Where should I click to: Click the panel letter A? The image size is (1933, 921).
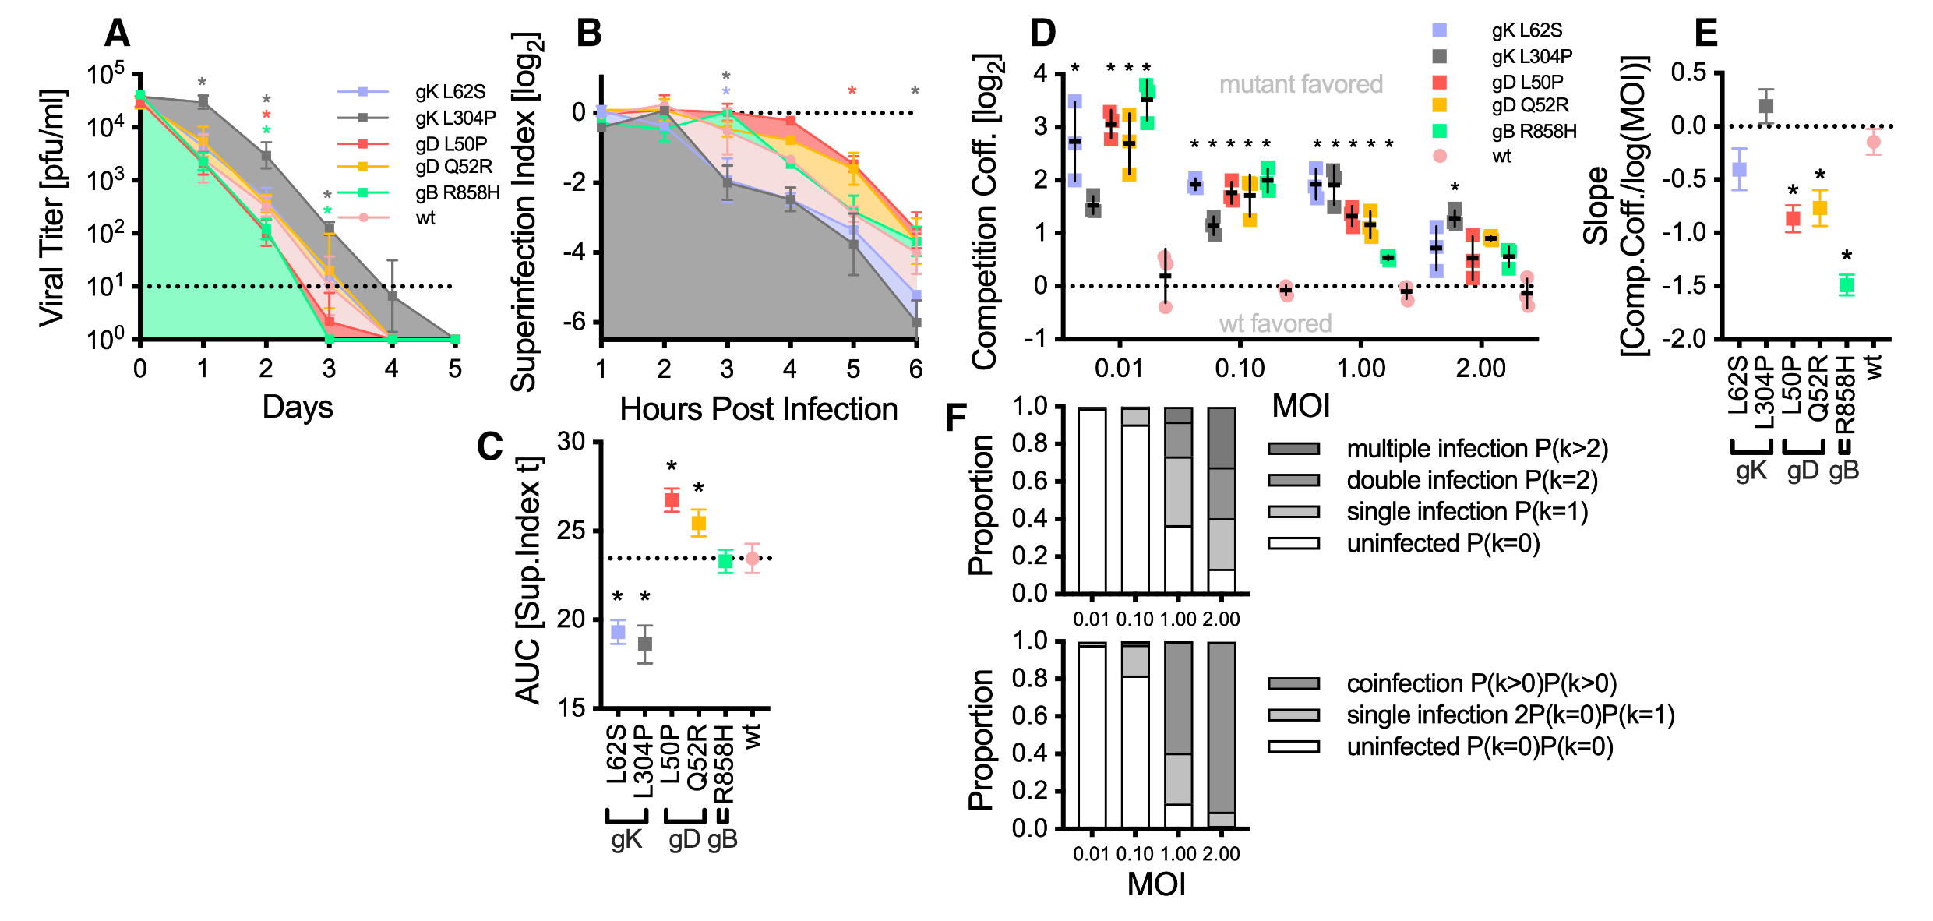tap(117, 34)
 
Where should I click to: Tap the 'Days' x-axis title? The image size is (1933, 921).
tap(298, 408)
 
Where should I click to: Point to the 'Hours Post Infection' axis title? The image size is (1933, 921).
tap(758, 409)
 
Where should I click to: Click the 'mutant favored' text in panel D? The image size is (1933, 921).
tap(1300, 84)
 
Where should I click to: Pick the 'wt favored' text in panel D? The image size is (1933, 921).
tap(1275, 323)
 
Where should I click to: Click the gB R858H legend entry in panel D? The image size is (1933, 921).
tap(1533, 132)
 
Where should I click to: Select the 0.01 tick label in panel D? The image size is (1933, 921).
tap(1119, 368)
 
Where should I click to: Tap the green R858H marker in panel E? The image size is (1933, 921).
tap(1846, 285)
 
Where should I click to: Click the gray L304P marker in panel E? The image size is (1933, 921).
tap(1765, 106)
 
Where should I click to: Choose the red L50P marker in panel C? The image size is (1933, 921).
tap(671, 500)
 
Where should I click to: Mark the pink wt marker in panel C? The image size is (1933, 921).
tap(752, 558)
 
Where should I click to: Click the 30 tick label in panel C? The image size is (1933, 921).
tap(571, 442)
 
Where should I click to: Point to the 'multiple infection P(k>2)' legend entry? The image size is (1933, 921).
tap(1476, 449)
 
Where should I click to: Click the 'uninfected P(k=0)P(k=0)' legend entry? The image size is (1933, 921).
tap(1479, 746)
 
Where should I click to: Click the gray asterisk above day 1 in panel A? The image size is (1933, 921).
tap(203, 83)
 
